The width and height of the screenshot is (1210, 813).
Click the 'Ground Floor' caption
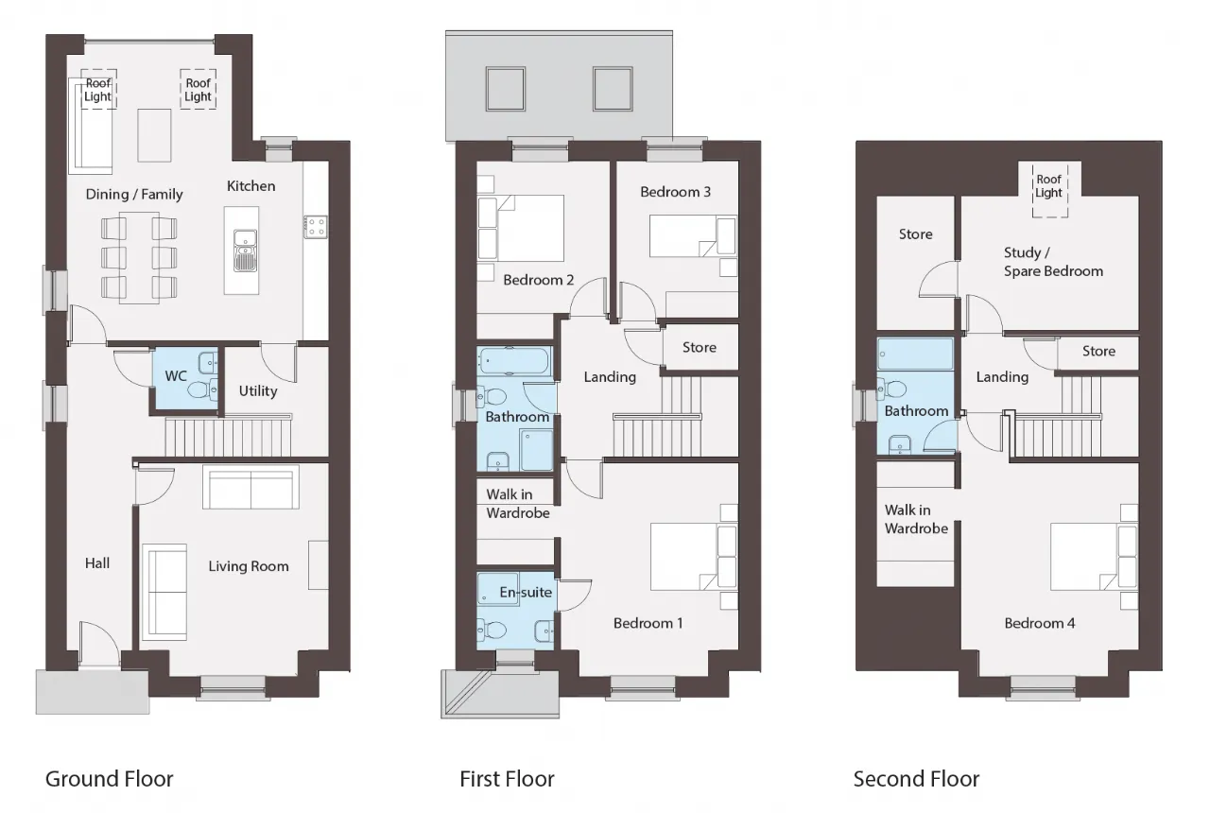[x=109, y=779]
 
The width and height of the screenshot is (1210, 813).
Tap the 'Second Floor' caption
[x=916, y=779]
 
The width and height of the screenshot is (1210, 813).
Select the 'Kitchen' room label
[x=251, y=186]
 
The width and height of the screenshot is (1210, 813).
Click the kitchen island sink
[x=245, y=251]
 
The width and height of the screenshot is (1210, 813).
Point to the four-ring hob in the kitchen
[x=315, y=227]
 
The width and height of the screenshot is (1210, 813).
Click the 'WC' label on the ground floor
[x=176, y=376]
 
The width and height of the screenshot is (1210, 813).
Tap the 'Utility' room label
[x=258, y=391]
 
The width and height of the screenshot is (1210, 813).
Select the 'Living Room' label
[x=249, y=566]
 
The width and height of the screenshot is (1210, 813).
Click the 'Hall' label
[x=97, y=563]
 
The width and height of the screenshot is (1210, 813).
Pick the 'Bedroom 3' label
[x=675, y=192]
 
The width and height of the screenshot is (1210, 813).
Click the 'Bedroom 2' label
[x=539, y=280]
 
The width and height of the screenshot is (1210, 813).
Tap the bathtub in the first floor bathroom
[x=513, y=361]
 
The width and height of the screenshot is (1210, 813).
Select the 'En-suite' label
[x=526, y=593]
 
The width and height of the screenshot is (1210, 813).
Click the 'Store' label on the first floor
[x=700, y=347]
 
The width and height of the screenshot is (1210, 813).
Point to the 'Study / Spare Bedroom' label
[x=1053, y=262]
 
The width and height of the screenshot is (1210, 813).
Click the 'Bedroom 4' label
[x=1040, y=623]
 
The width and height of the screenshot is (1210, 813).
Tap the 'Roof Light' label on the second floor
[x=1049, y=186]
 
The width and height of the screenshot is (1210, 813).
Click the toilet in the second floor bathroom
[x=891, y=389]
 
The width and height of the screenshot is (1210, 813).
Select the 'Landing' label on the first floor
[x=610, y=377]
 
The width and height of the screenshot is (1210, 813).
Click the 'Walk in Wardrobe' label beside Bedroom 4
[x=916, y=519]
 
